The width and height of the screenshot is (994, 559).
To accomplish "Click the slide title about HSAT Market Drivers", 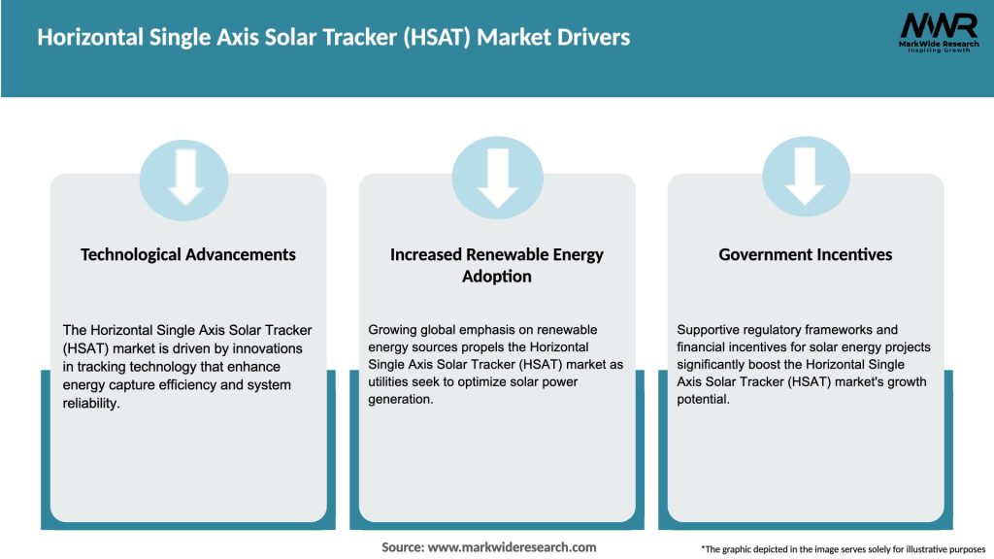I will (334, 38).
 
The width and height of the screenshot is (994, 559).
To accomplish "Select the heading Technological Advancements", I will (188, 254).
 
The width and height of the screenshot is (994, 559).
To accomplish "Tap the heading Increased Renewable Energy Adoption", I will (497, 265).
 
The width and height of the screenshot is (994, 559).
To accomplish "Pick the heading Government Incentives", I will (806, 254).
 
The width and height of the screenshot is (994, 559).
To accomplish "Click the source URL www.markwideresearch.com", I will (512, 547).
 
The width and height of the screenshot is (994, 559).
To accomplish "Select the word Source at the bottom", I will (402, 547).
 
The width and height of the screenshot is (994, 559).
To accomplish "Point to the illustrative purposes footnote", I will (843, 549).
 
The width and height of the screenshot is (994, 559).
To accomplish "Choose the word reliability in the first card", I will (90, 404).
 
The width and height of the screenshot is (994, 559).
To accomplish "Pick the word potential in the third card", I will (702, 400).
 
